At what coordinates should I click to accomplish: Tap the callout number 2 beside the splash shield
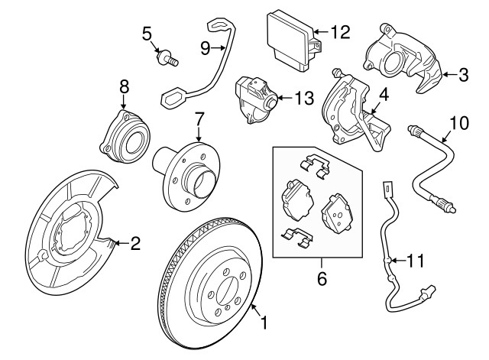click(x=135, y=244)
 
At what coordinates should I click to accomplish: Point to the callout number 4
click(x=384, y=96)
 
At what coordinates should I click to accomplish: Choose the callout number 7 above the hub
click(x=199, y=119)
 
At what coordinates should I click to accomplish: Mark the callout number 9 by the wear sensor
click(x=205, y=47)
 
